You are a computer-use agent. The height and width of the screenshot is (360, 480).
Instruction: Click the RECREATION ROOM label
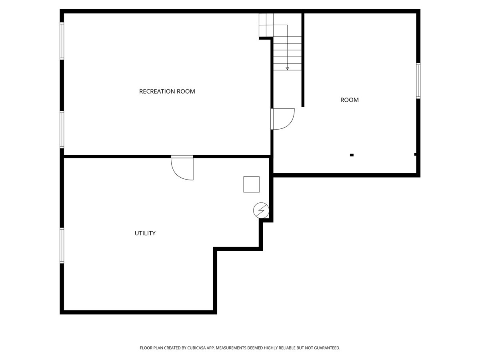[x=167, y=91]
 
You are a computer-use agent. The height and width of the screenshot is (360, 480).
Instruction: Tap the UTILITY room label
[x=145, y=233]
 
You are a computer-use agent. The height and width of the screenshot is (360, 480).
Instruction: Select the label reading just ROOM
[x=349, y=100]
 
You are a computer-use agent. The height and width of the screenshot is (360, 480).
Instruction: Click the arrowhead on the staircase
[x=287, y=68]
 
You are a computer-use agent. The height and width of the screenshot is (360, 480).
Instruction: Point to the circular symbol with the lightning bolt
[x=261, y=210]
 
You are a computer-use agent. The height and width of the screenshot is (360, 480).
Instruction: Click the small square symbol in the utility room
[x=251, y=184]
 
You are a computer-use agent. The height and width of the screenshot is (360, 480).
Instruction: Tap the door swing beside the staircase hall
[x=283, y=119]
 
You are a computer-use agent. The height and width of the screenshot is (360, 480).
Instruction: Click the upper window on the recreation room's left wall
[x=62, y=41]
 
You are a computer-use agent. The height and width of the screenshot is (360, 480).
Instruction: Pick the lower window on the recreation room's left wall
[x=62, y=130]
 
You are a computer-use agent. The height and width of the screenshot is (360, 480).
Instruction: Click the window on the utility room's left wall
[x=62, y=245]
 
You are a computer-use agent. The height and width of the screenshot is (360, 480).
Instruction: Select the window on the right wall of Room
[x=418, y=81]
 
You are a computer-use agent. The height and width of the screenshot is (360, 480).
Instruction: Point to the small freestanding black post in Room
[x=352, y=155]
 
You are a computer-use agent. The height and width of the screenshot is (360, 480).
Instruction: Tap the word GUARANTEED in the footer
[x=326, y=348]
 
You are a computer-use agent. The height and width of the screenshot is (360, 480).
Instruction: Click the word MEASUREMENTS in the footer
[x=234, y=348]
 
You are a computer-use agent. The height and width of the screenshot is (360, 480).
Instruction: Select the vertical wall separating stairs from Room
[x=303, y=60]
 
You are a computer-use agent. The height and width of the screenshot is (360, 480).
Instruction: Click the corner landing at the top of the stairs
[x=266, y=25]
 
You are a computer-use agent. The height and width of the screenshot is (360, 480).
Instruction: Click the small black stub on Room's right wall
[x=416, y=154]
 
